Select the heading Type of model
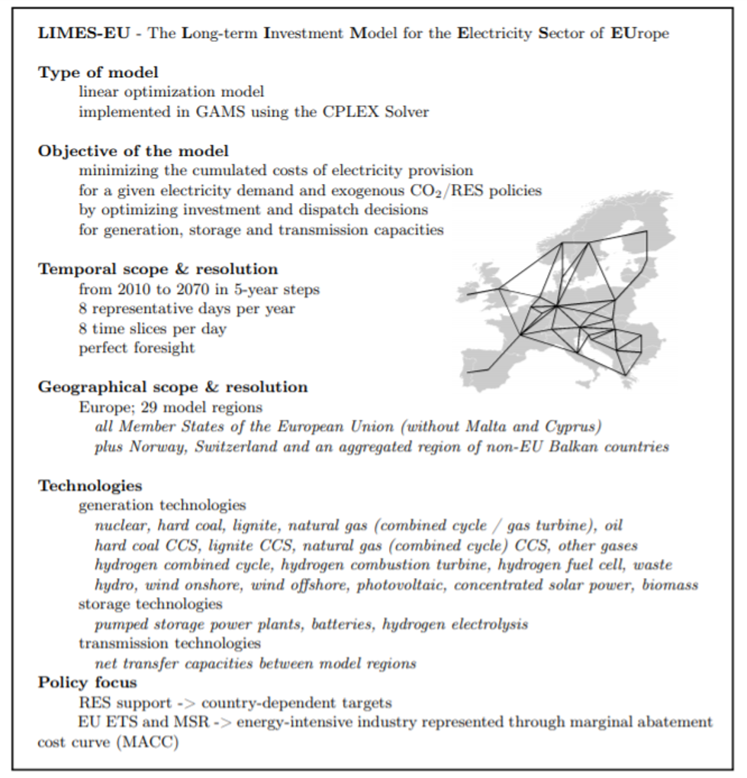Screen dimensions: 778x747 pyautogui.click(x=98, y=73)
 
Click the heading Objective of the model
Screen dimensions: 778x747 pyautogui.click(x=134, y=150)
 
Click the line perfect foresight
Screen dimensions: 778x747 pyautogui.click(x=137, y=348)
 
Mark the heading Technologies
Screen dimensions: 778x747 pyautogui.click(x=90, y=486)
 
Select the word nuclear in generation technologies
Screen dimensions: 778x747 pyautogui.click(x=119, y=525)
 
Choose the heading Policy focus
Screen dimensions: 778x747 pyautogui.click(x=88, y=683)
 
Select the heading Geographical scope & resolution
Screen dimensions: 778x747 pyautogui.click(x=173, y=387)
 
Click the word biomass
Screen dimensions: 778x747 pyautogui.click(x=670, y=585)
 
